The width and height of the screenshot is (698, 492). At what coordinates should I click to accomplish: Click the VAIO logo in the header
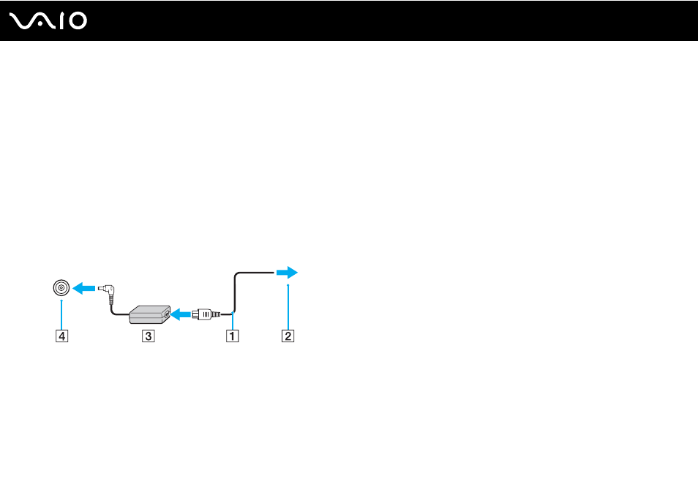pyautogui.click(x=48, y=21)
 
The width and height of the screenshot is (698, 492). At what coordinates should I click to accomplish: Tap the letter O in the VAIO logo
pyautogui.click(x=78, y=21)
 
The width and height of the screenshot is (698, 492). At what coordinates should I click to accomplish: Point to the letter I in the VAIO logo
pyautogui.click(x=62, y=21)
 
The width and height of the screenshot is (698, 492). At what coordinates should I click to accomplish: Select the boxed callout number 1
pyautogui.click(x=233, y=336)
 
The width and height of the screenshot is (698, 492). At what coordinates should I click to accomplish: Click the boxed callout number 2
pyautogui.click(x=288, y=336)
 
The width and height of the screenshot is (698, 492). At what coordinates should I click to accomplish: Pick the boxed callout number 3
pyautogui.click(x=149, y=336)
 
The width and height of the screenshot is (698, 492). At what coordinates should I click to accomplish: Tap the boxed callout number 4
pyautogui.click(x=62, y=336)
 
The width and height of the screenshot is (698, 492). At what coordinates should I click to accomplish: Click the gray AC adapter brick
pyautogui.click(x=149, y=314)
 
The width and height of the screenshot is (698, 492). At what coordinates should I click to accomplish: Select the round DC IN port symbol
pyautogui.click(x=61, y=288)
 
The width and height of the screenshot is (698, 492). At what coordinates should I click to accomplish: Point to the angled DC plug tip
pyautogui.click(x=107, y=289)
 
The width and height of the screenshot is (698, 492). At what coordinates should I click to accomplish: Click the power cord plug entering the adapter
pyautogui.click(x=206, y=314)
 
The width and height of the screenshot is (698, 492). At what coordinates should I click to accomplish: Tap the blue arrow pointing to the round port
pyautogui.click(x=83, y=288)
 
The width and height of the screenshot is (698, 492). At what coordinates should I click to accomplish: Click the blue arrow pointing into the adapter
pyautogui.click(x=181, y=314)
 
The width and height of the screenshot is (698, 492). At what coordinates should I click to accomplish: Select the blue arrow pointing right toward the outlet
pyautogui.click(x=287, y=272)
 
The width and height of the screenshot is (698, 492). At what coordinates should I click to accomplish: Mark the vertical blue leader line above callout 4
pyautogui.click(x=61, y=314)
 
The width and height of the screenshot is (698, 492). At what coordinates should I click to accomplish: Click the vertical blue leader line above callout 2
pyautogui.click(x=288, y=307)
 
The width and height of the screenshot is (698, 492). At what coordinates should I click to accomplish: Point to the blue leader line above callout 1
pyautogui.click(x=233, y=321)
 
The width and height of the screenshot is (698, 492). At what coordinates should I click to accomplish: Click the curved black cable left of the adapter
pyautogui.click(x=116, y=309)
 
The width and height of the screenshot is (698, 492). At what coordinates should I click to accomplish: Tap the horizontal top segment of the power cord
pyautogui.click(x=255, y=273)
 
